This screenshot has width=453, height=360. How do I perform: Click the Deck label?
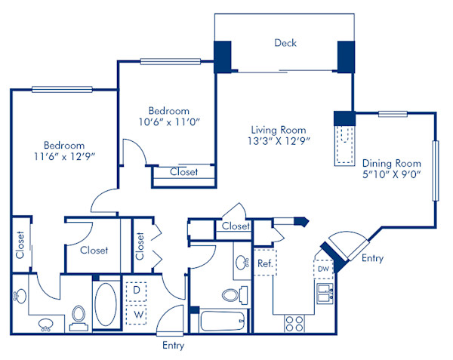285,43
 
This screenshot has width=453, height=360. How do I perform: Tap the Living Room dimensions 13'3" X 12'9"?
279,140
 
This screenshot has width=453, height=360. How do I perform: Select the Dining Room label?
391,163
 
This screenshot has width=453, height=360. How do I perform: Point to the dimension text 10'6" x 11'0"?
168,122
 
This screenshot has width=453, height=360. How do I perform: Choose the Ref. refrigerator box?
264,263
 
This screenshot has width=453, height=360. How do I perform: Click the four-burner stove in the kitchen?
294,323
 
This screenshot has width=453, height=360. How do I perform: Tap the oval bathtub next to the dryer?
106,304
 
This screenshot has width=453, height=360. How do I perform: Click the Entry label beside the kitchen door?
372,259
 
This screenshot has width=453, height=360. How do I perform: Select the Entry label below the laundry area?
173,346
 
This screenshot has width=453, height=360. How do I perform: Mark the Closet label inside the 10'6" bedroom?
183,172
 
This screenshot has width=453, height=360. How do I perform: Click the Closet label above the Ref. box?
236,226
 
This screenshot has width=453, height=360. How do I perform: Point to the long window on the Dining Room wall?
434,171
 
